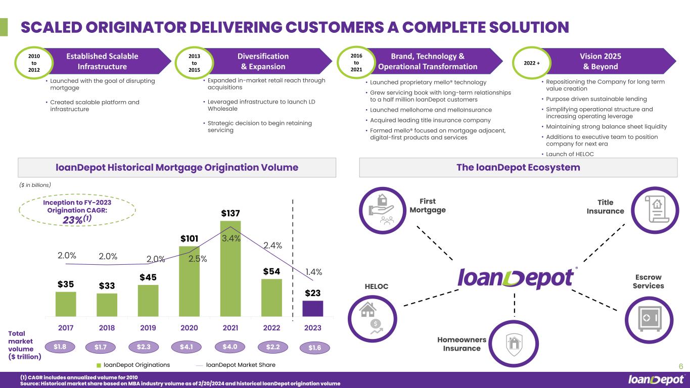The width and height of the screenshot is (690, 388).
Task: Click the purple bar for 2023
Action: (x=313, y=309)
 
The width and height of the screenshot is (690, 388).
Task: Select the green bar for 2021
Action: (x=231, y=269)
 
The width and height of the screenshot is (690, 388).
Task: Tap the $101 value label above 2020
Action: (x=189, y=238)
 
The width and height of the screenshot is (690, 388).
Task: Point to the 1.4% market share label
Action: (x=313, y=272)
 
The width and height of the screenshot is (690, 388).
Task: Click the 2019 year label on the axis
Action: (x=148, y=328)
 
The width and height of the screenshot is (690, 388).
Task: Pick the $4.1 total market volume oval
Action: (x=187, y=347)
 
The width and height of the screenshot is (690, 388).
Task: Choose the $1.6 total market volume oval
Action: (x=314, y=348)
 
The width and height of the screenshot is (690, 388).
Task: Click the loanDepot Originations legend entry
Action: (x=133, y=365)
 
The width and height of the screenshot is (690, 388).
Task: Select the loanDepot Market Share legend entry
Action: (x=236, y=365)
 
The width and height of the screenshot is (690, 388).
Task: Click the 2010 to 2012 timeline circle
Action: (x=34, y=63)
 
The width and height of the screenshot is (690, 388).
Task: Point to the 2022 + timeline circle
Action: (x=532, y=63)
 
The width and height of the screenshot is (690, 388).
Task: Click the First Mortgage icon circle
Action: (x=383, y=210)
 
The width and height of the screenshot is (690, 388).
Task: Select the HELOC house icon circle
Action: (x=373, y=319)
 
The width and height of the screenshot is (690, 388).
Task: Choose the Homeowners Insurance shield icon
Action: (x=514, y=344)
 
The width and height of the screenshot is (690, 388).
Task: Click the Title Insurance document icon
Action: (x=657, y=209)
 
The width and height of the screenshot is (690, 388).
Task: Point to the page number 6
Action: (x=681, y=366)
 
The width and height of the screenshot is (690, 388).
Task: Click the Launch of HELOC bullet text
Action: (x=570, y=154)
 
